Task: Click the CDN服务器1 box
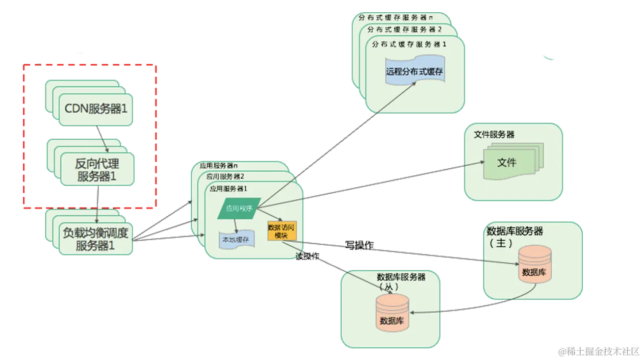(x=95, y=109)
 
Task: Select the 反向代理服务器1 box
(x=97, y=170)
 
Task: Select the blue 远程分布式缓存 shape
(x=415, y=72)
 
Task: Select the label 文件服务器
(x=494, y=135)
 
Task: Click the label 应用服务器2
(x=225, y=176)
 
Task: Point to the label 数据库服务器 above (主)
(x=515, y=231)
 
